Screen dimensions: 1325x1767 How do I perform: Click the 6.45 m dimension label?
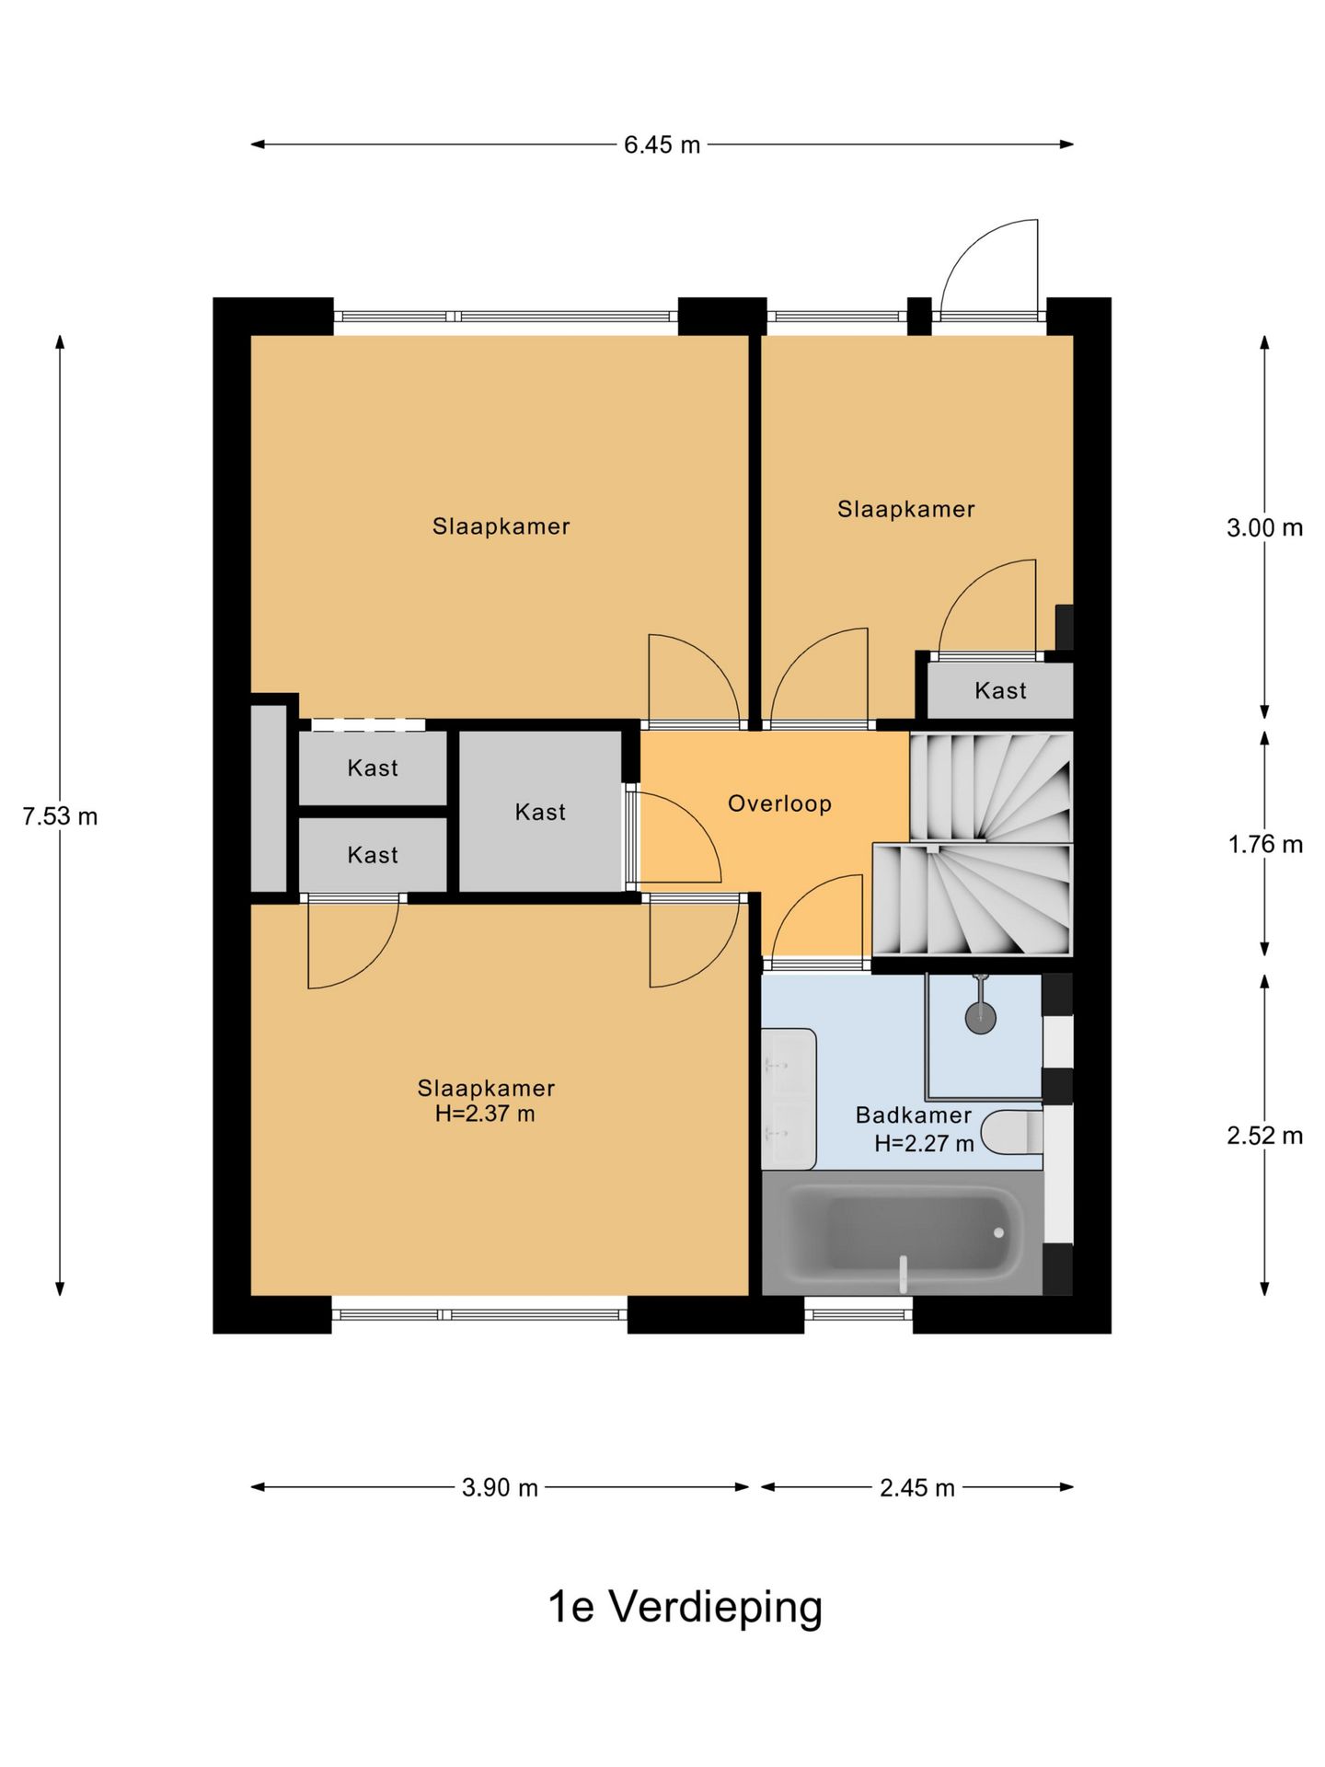pyautogui.click(x=662, y=145)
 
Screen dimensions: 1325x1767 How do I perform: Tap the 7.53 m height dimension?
pyautogui.click(x=61, y=816)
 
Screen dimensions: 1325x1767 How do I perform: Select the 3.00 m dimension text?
pyautogui.click(x=1264, y=528)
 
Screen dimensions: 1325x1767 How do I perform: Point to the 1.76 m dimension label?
pyautogui.click(x=1265, y=845)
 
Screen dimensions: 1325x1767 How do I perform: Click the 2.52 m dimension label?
pyautogui.click(x=1264, y=1136)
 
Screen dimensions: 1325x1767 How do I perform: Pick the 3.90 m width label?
pyautogui.click(x=500, y=1488)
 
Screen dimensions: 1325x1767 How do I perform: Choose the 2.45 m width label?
pyautogui.click(x=916, y=1488)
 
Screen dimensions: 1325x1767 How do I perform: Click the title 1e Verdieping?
pyautogui.click(x=685, y=1608)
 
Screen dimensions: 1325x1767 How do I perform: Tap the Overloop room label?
pyautogui.click(x=779, y=803)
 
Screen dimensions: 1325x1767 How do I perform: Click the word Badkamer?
pyautogui.click(x=914, y=1115)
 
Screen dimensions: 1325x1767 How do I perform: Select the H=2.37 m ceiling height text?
pyautogui.click(x=485, y=1114)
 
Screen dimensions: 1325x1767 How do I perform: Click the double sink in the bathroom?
pyautogui.click(x=789, y=1099)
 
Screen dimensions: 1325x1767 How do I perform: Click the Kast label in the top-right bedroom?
pyautogui.click(x=1000, y=690)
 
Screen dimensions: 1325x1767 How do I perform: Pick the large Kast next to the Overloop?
pyautogui.click(x=540, y=812)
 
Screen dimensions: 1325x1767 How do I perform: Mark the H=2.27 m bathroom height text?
pyautogui.click(x=924, y=1144)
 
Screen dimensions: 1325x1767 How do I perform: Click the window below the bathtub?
pyautogui.click(x=858, y=1314)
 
